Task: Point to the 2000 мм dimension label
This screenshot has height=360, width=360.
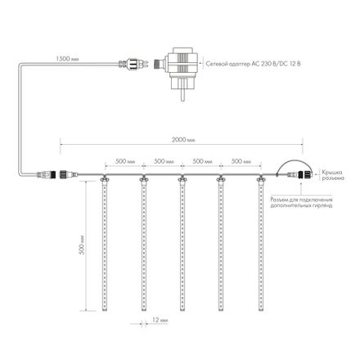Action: pos(181,140)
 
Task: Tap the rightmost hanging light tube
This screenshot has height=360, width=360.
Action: pos(259,245)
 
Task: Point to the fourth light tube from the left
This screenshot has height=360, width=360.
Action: pos(220,245)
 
